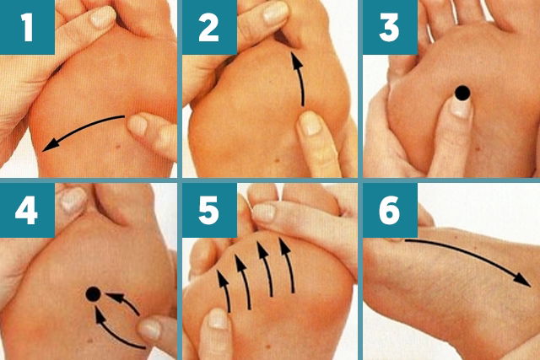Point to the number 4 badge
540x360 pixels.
(x=27, y=212)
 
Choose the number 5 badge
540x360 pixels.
(x=209, y=212)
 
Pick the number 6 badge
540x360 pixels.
(x=390, y=212)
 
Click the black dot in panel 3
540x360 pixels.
(x=462, y=93)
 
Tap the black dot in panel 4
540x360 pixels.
(x=93, y=293)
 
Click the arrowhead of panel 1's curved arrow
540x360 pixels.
(x=50, y=145)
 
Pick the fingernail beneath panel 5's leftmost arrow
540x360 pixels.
(x=218, y=319)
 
